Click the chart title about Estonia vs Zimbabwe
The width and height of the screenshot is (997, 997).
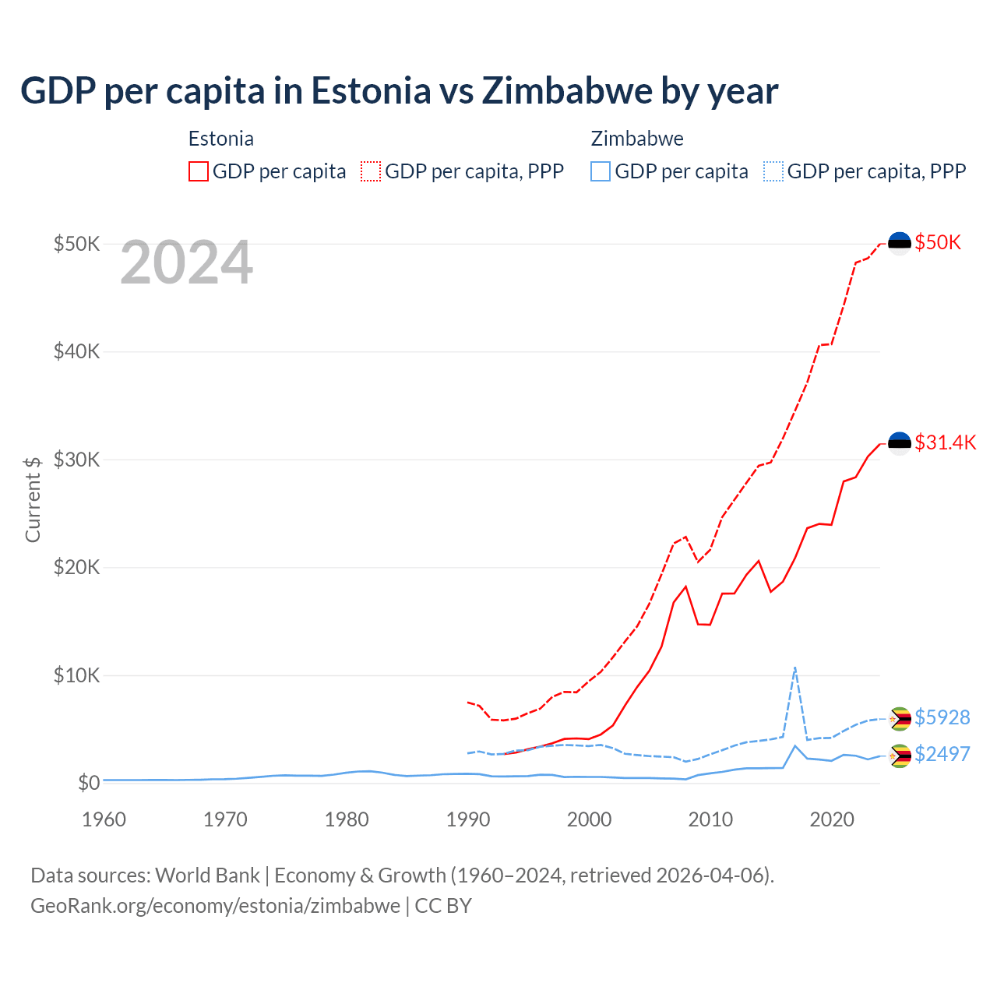coord(399,90)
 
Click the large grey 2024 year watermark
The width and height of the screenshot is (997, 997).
coord(186,263)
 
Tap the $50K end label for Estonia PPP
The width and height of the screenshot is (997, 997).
coord(938,242)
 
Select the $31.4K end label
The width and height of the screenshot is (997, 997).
coord(945,442)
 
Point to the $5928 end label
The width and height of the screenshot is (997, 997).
coord(942,717)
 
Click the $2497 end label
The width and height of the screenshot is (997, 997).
coord(942,754)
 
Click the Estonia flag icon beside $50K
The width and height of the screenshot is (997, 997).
coord(900,243)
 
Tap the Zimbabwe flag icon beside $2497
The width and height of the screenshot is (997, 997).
coord(900,755)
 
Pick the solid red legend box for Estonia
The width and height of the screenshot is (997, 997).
coord(199,171)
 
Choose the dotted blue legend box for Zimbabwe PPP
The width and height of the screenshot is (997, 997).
coord(773,171)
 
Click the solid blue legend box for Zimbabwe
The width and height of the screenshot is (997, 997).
coord(601,171)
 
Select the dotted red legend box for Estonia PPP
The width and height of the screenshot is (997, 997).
coord(371,171)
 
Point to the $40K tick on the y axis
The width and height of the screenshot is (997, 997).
coord(76,351)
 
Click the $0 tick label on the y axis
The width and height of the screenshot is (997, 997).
coord(89,783)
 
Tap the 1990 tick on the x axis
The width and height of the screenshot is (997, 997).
coord(468,819)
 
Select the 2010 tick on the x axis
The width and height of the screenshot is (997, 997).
coord(710,819)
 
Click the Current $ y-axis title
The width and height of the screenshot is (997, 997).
coord(33,499)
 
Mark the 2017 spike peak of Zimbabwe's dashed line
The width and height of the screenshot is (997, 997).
coord(794,668)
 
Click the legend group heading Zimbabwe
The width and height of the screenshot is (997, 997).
coord(637,139)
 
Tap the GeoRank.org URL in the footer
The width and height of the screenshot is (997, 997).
coord(215,906)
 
